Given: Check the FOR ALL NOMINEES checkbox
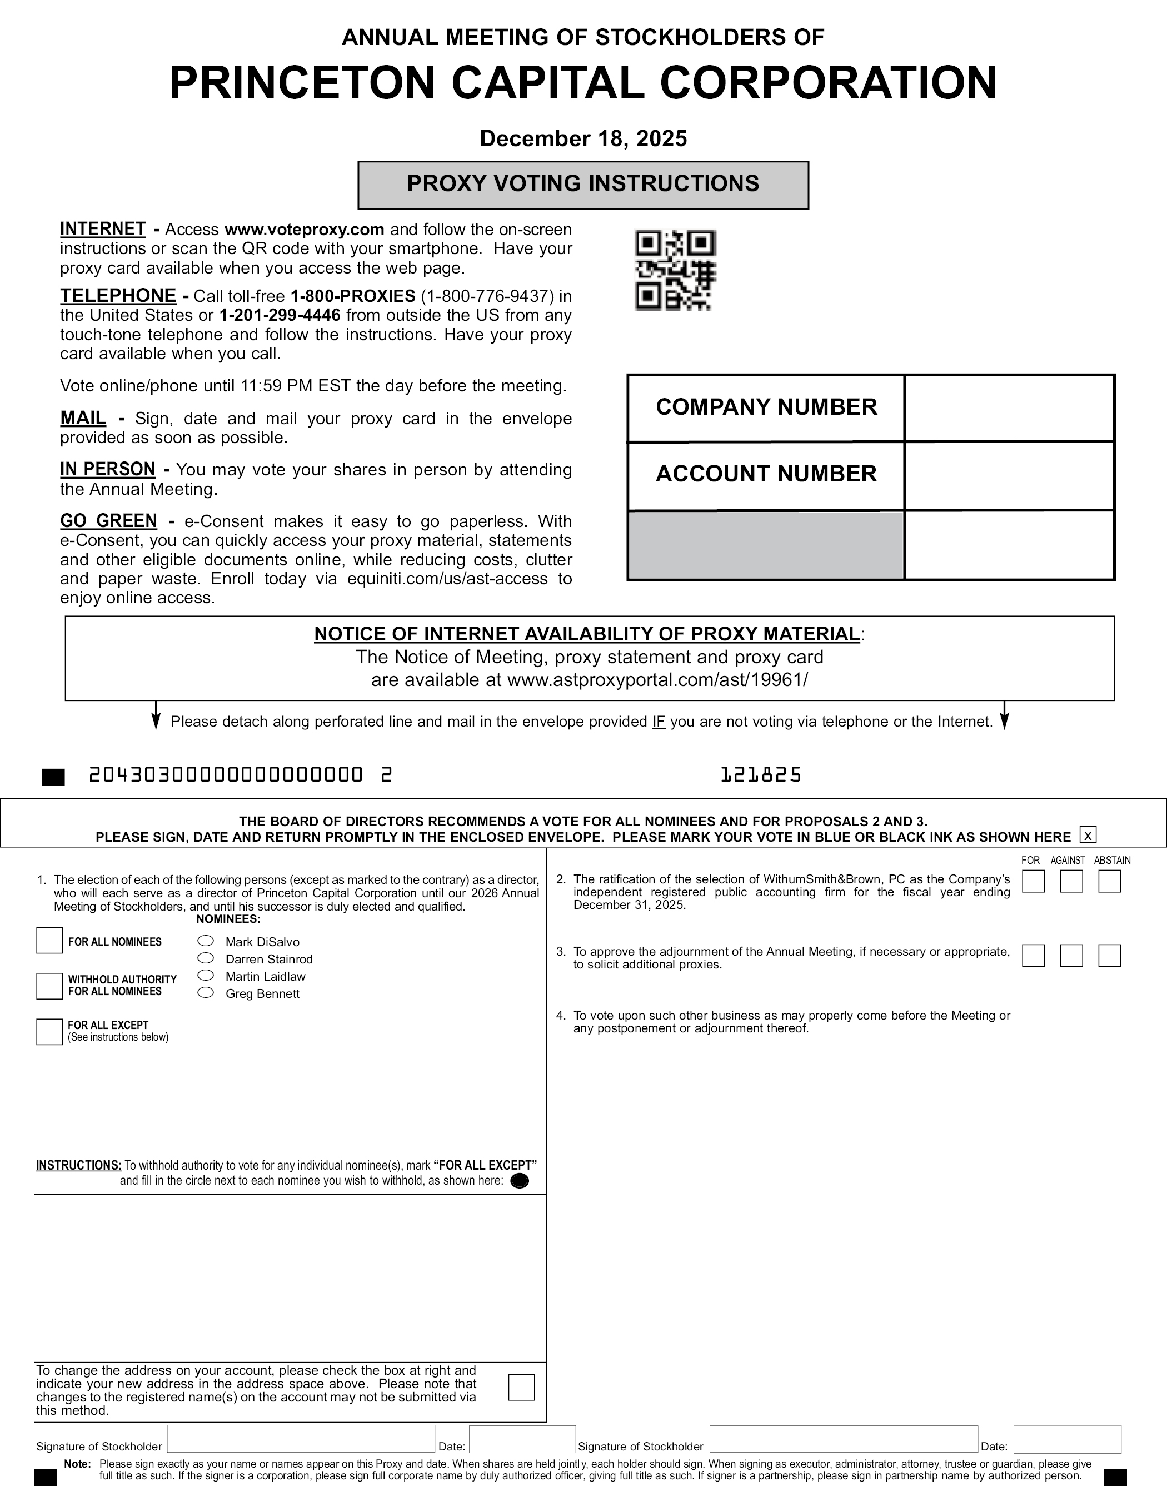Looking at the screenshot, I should (x=49, y=941).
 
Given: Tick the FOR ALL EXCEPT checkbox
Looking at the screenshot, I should (x=49, y=1032).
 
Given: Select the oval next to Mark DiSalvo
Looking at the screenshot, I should (x=206, y=941).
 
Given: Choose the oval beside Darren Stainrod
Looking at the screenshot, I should (x=206, y=958).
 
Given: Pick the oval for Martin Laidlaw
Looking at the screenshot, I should (x=206, y=976).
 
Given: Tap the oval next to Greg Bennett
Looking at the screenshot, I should (x=206, y=993).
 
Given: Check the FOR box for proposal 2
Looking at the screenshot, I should (x=1033, y=882).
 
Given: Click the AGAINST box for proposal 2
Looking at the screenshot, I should (x=1071, y=882).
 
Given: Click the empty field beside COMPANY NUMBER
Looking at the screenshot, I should (x=1009, y=408).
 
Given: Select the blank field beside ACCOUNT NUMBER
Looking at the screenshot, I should (x=1009, y=475).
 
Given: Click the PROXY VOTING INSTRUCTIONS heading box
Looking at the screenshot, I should (x=582, y=185).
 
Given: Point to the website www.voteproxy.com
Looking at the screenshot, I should (x=305, y=230).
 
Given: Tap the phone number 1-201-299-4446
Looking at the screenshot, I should (x=280, y=315).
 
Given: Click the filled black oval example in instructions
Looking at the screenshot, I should (x=519, y=1181).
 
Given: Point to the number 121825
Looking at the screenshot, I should (x=760, y=775).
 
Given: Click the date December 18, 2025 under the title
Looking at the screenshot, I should (x=582, y=138).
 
